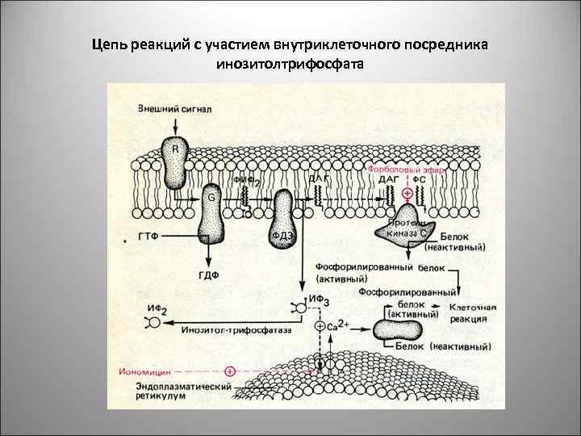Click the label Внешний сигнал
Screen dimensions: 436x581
click(x=174, y=109)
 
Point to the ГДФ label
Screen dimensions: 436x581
click(x=209, y=275)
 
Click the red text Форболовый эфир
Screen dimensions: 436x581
click(x=407, y=170)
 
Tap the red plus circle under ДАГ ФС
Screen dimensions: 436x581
click(x=408, y=194)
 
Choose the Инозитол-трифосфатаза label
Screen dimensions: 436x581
click(x=237, y=330)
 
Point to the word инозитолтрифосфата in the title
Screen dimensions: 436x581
click(x=290, y=64)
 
